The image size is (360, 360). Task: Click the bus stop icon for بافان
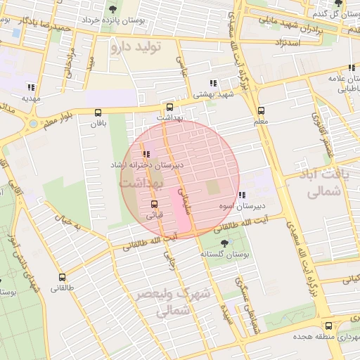click(97, 112)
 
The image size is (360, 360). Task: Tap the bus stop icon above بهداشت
click(169, 108)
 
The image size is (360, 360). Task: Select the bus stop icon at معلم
click(261, 110)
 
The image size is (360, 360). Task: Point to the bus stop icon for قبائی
click(154, 204)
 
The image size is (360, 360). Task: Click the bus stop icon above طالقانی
click(62, 277)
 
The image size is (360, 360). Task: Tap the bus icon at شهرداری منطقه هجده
click(328, 326)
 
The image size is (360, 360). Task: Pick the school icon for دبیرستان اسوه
click(242, 195)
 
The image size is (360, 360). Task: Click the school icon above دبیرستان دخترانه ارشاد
click(146, 154)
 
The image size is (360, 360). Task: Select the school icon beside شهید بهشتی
click(214, 83)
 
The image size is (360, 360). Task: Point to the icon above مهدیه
click(30, 87)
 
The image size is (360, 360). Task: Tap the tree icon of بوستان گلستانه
click(224, 243)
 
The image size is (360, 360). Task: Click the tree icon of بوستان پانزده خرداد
click(112, 9)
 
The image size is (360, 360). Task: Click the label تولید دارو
click(136, 48)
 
